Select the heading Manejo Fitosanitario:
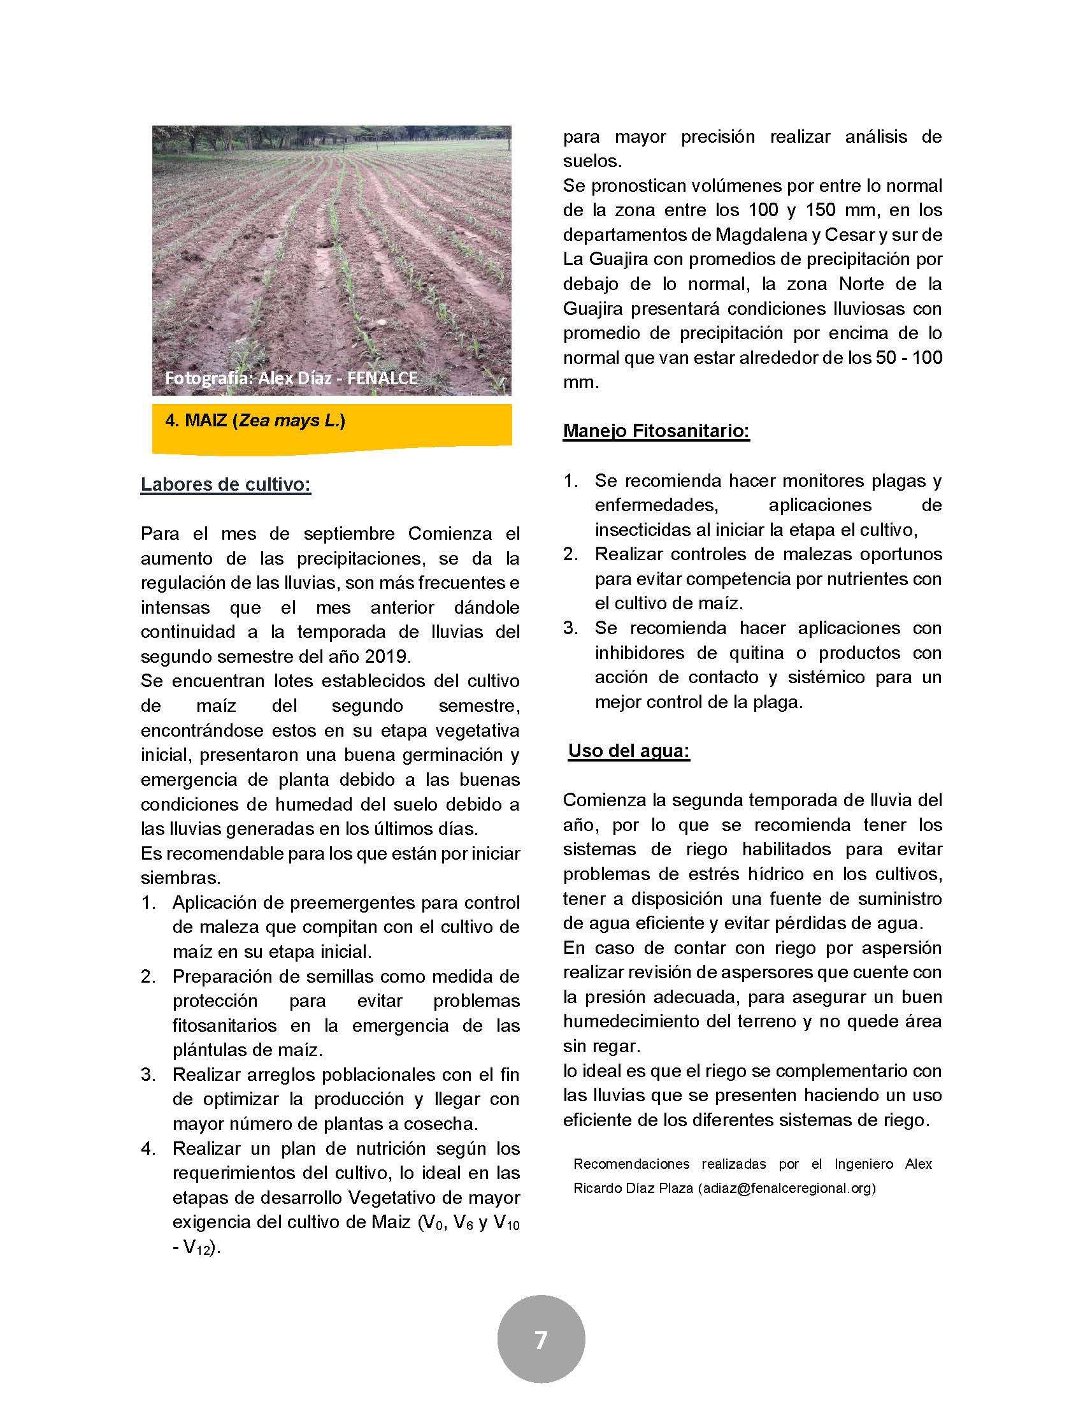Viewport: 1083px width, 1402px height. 656,431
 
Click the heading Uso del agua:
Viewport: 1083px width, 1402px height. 629,751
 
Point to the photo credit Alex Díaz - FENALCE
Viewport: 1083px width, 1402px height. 290,378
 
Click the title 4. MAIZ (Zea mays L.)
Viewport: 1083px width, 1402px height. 255,421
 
